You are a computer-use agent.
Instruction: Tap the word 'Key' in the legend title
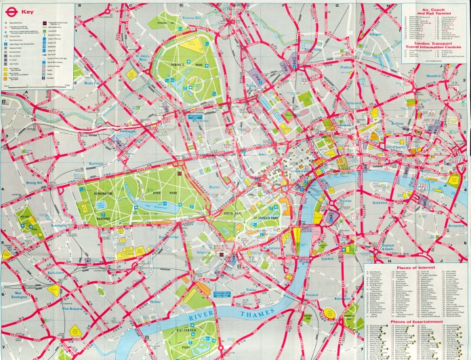[x=28, y=12]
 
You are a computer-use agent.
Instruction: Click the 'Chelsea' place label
[x=155, y=301]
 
